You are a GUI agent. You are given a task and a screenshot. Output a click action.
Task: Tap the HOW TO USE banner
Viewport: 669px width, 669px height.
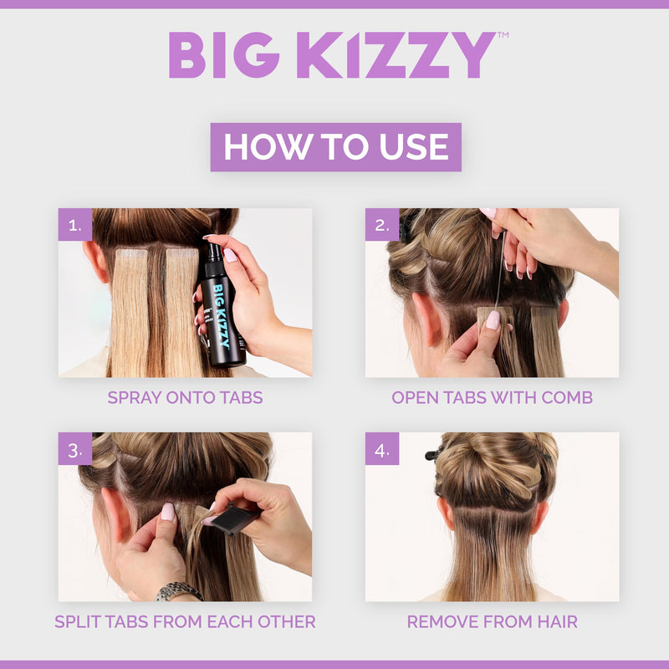[335, 147]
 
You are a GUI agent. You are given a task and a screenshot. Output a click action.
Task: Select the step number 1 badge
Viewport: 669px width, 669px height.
[75, 225]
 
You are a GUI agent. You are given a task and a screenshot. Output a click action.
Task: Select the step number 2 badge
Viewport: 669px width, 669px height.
[382, 225]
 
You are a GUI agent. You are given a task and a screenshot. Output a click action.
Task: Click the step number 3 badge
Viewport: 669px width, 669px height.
[75, 449]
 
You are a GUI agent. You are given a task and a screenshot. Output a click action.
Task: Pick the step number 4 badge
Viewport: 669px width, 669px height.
[382, 449]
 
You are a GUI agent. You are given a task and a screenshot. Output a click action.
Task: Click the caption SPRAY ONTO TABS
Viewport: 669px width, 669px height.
[185, 397]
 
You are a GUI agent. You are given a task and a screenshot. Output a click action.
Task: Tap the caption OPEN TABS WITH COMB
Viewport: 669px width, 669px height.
[492, 397]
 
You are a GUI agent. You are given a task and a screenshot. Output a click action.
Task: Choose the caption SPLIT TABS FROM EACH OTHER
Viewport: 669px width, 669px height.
[185, 621]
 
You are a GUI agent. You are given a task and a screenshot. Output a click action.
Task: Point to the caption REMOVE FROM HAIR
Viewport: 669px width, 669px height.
[492, 621]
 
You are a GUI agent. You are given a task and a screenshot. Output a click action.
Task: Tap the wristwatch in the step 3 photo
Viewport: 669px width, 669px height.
[178, 592]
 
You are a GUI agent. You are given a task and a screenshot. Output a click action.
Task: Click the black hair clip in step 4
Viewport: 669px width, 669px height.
[433, 455]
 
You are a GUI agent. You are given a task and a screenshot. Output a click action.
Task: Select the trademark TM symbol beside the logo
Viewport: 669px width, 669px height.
[503, 36]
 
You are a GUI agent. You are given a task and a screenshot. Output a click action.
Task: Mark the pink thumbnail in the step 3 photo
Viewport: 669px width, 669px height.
[167, 512]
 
